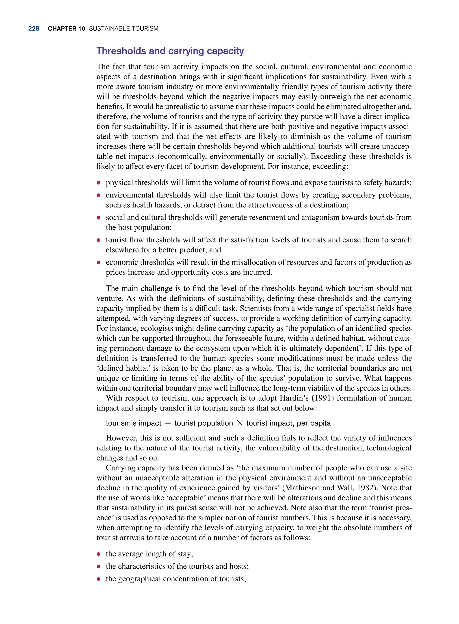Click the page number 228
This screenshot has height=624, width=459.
(x=34, y=29)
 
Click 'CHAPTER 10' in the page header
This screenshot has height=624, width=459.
(x=66, y=29)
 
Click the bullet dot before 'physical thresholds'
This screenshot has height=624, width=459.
(x=98, y=183)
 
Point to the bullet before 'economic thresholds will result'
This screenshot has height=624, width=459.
(x=98, y=262)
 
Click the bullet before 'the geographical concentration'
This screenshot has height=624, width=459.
(x=98, y=579)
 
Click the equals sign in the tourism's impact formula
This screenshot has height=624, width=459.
(x=168, y=423)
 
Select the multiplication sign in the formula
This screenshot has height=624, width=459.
(x=240, y=423)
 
